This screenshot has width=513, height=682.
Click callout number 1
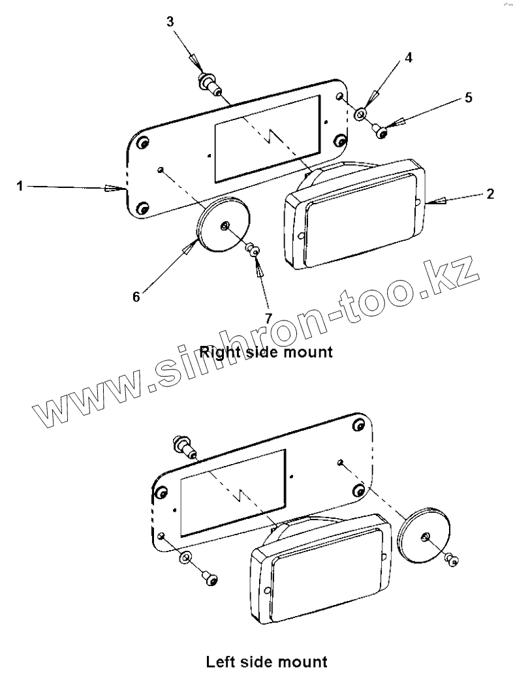click(x=20, y=187)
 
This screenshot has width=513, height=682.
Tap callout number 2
click(x=490, y=194)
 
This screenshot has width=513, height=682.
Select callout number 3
click(x=170, y=22)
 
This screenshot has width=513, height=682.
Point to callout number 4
click(x=408, y=57)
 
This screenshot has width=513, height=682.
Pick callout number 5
click(x=469, y=98)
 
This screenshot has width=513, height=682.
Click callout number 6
click(x=136, y=296)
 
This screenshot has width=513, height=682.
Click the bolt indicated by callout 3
click(x=209, y=83)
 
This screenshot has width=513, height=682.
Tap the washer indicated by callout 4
click(x=360, y=116)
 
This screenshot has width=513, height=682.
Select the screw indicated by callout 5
click(x=382, y=132)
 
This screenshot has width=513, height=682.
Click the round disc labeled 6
click(x=224, y=225)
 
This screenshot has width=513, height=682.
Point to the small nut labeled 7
click(x=253, y=250)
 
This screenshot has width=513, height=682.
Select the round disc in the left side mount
click(x=425, y=536)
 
